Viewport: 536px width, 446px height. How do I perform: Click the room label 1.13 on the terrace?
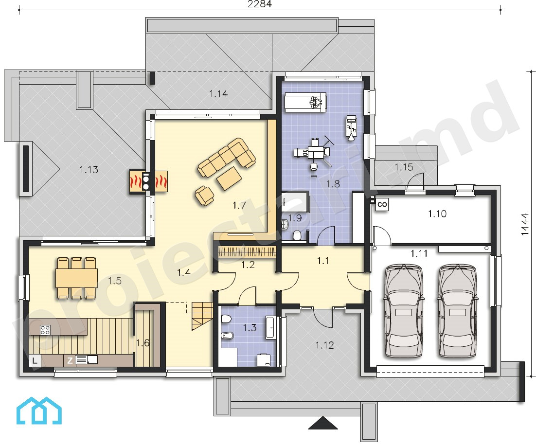tap(89, 169)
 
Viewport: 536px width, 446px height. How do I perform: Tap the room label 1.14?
tap(218, 94)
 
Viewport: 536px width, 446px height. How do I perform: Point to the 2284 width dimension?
tap(259, 4)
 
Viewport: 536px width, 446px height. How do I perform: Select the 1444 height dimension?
tap(525, 224)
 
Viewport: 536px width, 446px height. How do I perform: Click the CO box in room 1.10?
tap(382, 204)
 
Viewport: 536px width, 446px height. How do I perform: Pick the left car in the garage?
tap(404, 310)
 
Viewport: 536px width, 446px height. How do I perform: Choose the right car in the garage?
tap(458, 310)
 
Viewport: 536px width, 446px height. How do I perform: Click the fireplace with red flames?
tap(148, 181)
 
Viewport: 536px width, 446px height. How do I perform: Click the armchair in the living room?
tap(204, 196)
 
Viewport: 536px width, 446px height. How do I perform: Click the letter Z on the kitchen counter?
tap(70, 360)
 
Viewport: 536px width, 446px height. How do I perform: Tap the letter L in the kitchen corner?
tap(35, 360)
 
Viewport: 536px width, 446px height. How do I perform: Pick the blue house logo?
tap(39, 411)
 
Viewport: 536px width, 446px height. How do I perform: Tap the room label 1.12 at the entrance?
tap(324, 345)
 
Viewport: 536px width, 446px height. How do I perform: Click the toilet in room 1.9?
tap(297, 235)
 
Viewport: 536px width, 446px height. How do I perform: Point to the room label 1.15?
tap(404, 167)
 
